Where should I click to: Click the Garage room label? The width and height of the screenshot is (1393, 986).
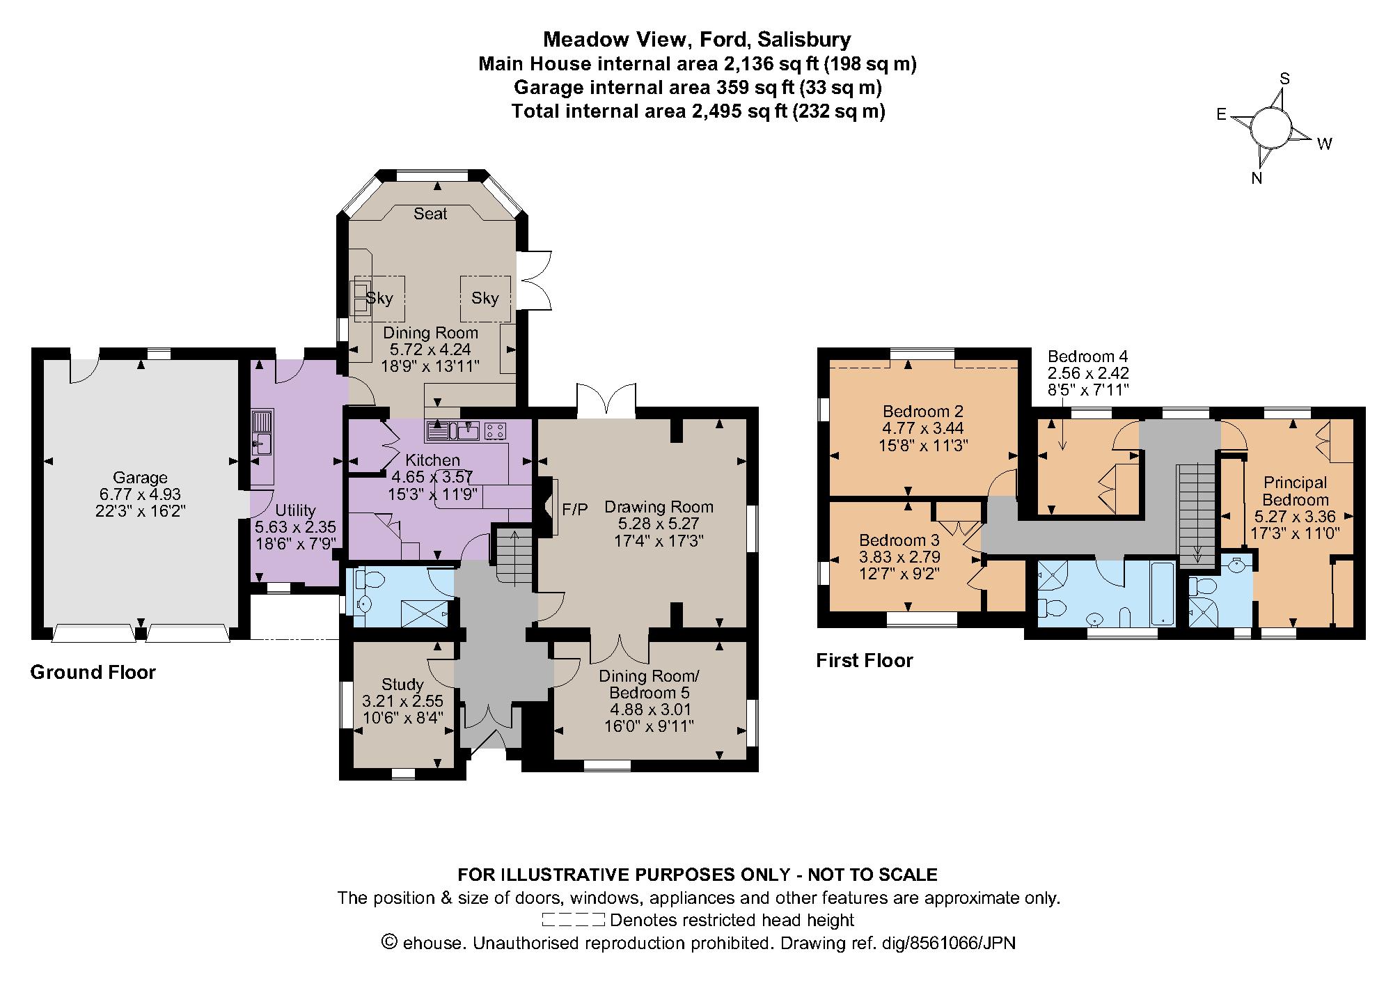pyautogui.click(x=140, y=478)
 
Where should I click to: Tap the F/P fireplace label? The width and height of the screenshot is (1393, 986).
pyautogui.click(x=574, y=510)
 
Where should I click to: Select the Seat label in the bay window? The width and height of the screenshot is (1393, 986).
pyautogui.click(x=430, y=214)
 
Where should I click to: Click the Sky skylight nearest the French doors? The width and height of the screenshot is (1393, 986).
pyautogui.click(x=485, y=299)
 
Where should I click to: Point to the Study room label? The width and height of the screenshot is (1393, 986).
pyautogui.click(x=402, y=684)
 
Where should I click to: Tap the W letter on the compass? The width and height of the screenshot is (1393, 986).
pyautogui.click(x=1324, y=144)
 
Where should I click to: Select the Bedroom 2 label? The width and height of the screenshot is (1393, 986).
pyautogui.click(x=922, y=412)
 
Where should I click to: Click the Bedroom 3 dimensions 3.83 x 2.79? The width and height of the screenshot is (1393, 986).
pyautogui.click(x=899, y=556)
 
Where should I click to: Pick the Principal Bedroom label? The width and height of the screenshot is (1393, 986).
pyautogui.click(x=1295, y=491)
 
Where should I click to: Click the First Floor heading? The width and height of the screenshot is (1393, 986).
pyautogui.click(x=864, y=660)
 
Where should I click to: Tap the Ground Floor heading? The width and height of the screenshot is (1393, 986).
pyautogui.click(x=93, y=672)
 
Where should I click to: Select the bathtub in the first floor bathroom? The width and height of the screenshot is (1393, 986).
pyautogui.click(x=1163, y=593)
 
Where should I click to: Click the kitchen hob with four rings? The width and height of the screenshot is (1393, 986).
pyautogui.click(x=495, y=432)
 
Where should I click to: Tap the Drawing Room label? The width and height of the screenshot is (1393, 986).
pyautogui.click(x=658, y=507)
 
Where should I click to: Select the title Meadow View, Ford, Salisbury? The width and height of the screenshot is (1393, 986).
pyautogui.click(x=696, y=39)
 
